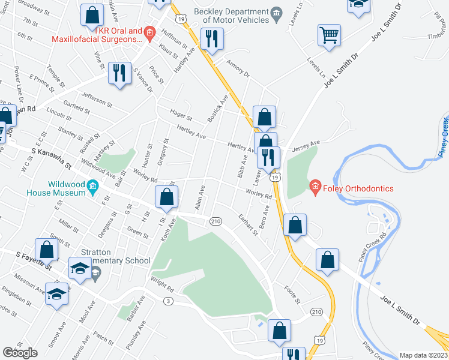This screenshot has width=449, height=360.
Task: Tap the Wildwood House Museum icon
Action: (x=92, y=187)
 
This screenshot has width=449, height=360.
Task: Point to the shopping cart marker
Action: (x=329, y=35)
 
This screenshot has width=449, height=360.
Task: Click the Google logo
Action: (x=20, y=353)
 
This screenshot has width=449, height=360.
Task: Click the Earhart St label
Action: (x=247, y=225)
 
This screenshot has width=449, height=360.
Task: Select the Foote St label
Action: (x=292, y=293)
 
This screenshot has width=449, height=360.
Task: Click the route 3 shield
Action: (x=169, y=301)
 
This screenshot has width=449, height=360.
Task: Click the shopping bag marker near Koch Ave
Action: (x=167, y=197)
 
